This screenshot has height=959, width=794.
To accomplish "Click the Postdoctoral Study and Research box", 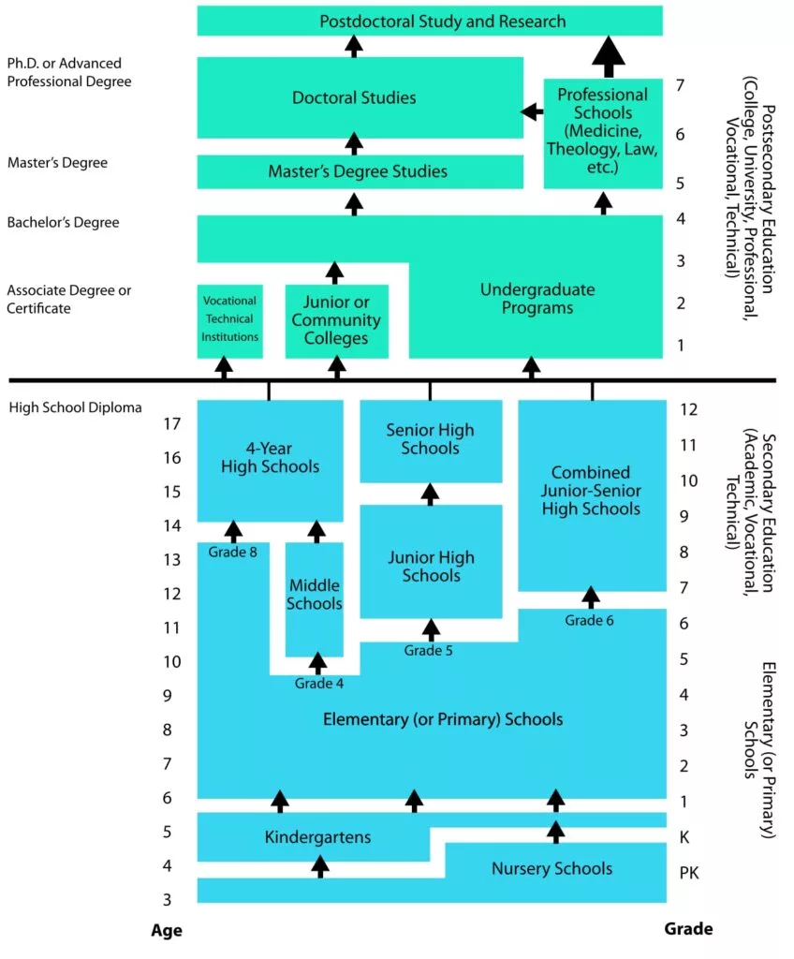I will click(429, 21).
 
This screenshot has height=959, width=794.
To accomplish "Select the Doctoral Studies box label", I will click(354, 97).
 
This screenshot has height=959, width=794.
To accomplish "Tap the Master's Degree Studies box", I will click(358, 171).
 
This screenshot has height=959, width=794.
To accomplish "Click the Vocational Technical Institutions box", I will click(229, 319).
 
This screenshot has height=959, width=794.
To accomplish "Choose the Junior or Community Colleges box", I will click(336, 320).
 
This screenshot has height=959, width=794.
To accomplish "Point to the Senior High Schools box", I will click(430, 438).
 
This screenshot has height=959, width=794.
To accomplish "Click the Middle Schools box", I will click(315, 595).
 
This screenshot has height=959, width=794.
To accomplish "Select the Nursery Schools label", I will click(551, 869).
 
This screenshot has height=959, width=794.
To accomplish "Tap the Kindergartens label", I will click(317, 836).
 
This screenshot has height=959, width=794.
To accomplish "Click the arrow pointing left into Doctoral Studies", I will click(532, 112).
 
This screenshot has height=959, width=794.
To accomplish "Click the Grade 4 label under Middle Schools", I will click(319, 684).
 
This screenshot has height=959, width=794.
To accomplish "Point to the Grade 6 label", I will click(591, 620).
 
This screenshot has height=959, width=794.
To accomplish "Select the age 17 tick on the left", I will click(171, 423).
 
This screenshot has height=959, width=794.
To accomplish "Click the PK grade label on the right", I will click(689, 874).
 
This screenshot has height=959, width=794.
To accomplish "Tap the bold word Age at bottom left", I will click(167, 931).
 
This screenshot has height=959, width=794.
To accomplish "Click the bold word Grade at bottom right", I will click(688, 929).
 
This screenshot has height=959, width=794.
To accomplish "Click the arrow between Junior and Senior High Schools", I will click(430, 494).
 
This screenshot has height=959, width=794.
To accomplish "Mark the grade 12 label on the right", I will click(689, 409).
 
